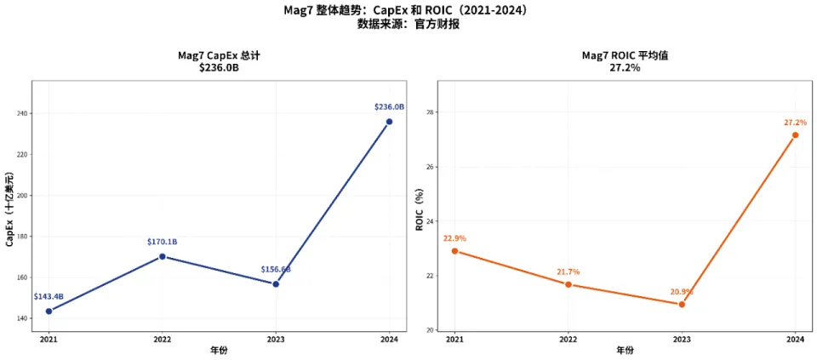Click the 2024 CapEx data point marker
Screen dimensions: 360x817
(389, 122)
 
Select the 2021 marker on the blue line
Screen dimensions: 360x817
(49, 311)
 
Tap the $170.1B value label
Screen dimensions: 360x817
(162, 242)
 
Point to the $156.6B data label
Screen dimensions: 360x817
(275, 269)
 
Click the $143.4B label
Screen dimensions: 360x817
(49, 296)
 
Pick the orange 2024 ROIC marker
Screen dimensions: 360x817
(795, 134)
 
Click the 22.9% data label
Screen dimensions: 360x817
(454, 238)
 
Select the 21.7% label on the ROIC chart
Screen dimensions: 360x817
(568, 271)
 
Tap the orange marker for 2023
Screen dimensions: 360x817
(682, 304)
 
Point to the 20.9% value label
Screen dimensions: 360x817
(682, 290)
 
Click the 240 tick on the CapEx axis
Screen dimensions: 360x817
(22, 113)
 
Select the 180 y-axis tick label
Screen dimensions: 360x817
(22, 237)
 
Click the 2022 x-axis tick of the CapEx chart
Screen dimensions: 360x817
(162, 339)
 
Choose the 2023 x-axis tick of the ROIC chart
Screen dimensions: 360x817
(682, 339)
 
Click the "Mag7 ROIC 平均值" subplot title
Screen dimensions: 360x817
(624, 55)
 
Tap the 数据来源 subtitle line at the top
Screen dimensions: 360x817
(408, 24)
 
